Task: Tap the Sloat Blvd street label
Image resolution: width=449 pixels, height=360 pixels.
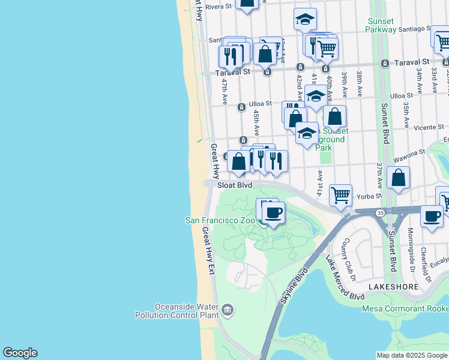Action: coord(235,185)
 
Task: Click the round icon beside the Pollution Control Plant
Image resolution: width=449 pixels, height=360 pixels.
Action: coord(228,310)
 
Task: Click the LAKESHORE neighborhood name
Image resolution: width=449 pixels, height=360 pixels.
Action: coord(393,287)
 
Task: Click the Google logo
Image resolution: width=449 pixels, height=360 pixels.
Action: coord(20,353)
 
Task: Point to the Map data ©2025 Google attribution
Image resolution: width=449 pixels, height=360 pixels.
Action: coord(411,355)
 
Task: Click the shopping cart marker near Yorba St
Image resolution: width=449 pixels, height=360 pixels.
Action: coord(340,194)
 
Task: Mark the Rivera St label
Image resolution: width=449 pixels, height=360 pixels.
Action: coord(218,7)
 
